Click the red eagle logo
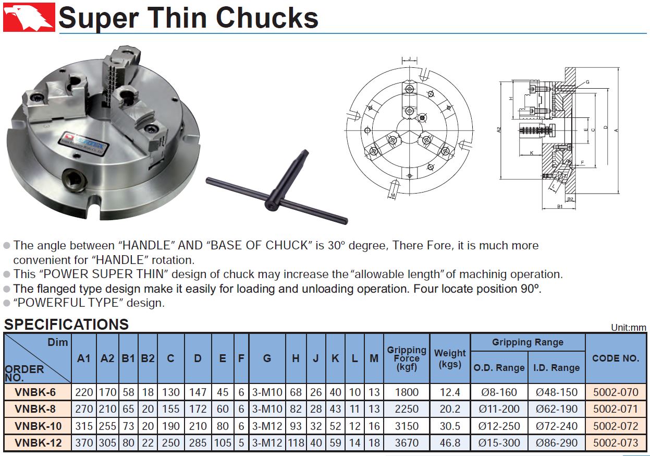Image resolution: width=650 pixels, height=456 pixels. click(x=29, y=17)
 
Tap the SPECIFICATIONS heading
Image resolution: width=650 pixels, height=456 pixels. click(x=66, y=325)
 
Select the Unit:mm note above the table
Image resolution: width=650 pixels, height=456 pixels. click(x=629, y=328)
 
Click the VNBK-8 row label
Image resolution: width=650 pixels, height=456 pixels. click(x=35, y=409)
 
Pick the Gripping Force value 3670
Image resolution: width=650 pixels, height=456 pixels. click(x=407, y=443)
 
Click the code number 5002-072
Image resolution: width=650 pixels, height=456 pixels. click(x=616, y=426)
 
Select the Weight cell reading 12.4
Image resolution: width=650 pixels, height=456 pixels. click(x=450, y=392)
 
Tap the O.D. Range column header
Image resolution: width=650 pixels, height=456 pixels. click(x=499, y=368)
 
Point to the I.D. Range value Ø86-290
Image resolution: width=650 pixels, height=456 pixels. click(x=557, y=443)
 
